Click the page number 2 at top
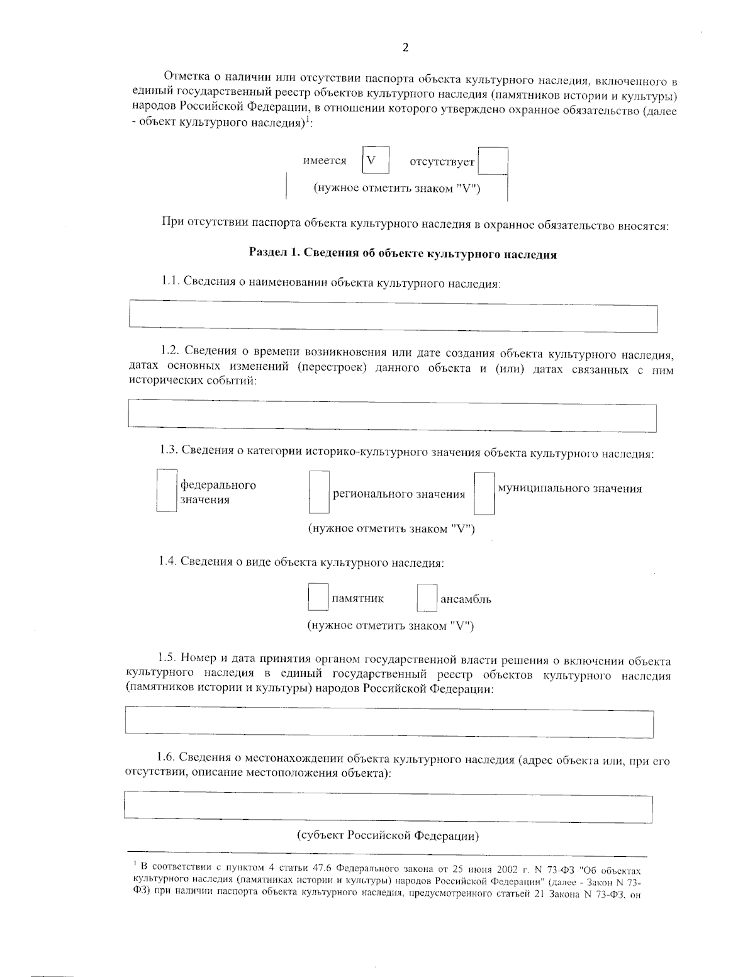pyautogui.click(x=405, y=48)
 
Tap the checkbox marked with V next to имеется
pyautogui.click(x=376, y=160)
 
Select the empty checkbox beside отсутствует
pyautogui.click(x=493, y=161)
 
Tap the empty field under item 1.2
pyautogui.click(x=391, y=416)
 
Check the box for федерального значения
pyautogui.click(x=166, y=491)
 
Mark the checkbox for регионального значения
pyautogui.click(x=319, y=494)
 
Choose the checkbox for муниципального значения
pyautogui.click(x=484, y=494)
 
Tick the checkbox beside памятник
pyautogui.click(x=318, y=598)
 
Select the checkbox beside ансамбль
pyautogui.click(x=427, y=598)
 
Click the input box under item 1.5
pyautogui.click(x=389, y=722)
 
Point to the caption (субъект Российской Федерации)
pyautogui.click(x=388, y=836)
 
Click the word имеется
pyautogui.click(x=325, y=161)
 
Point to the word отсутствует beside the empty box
pyautogui.click(x=442, y=162)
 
